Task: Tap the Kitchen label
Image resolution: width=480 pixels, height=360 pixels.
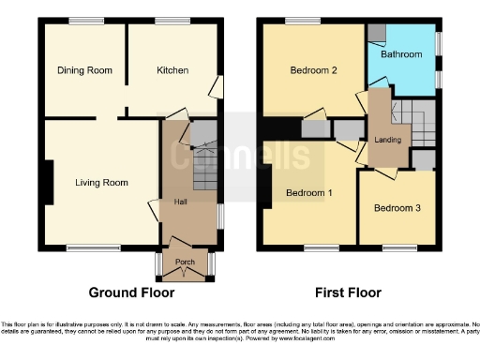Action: click(x=172, y=70)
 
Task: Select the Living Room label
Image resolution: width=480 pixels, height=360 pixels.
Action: click(x=101, y=183)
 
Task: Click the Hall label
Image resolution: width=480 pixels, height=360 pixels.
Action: click(x=180, y=202)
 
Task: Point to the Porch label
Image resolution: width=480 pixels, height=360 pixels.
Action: click(x=184, y=262)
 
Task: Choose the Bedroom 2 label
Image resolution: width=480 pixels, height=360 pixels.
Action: click(x=312, y=70)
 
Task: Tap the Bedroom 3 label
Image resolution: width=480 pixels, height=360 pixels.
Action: click(x=397, y=208)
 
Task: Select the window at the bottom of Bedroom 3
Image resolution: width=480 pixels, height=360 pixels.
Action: click(x=395, y=247)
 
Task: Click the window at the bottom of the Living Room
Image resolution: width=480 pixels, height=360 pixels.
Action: click(x=84, y=247)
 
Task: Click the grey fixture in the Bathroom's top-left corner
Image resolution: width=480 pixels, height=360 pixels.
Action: click(x=376, y=32)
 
